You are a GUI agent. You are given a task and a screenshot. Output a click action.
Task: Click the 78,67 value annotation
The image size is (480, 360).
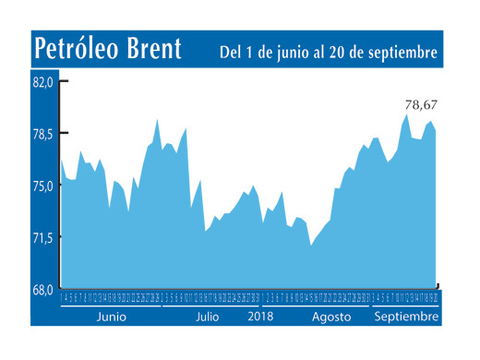420,103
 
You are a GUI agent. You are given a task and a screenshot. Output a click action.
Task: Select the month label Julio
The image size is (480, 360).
207,316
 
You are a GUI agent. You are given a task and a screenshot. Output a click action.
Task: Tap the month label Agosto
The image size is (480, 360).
330,316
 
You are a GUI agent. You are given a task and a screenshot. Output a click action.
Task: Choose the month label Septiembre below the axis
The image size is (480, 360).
406,316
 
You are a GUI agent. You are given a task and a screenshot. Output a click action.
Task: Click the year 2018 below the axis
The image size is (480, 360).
262,316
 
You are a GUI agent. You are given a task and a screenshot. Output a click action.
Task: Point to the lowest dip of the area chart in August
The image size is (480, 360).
310,246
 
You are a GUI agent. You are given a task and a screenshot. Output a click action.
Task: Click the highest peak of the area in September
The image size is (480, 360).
406,114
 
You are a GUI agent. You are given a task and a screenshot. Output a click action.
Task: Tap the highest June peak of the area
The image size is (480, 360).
157,119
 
